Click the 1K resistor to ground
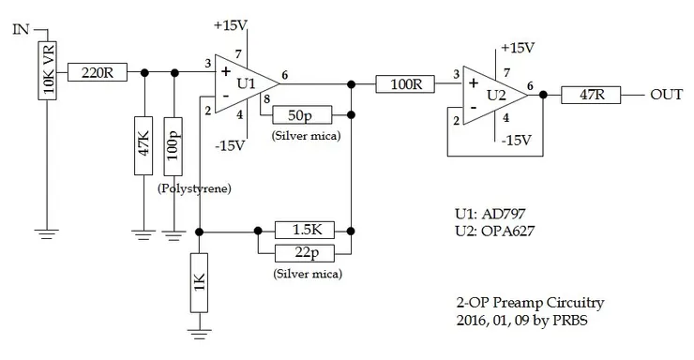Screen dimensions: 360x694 tap(199, 280)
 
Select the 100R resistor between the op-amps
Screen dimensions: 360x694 tap(404, 83)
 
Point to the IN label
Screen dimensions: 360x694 tap(21, 30)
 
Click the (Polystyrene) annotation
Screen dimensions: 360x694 tap(194, 188)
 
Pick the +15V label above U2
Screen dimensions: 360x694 tap(517, 47)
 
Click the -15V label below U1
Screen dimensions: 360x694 tap(230, 144)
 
